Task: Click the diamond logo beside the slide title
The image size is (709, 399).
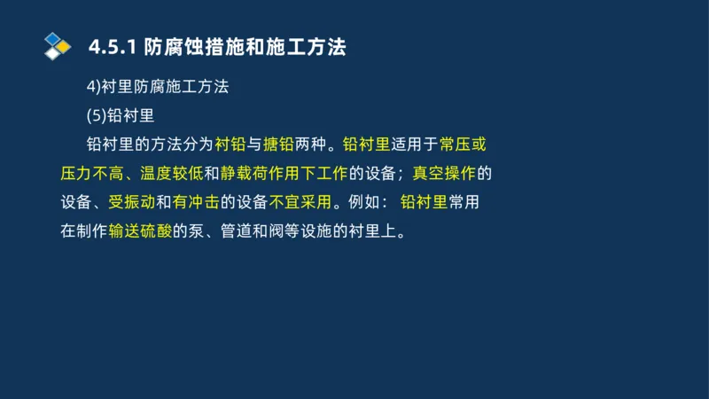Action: [x=57, y=46]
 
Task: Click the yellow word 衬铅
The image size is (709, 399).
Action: [x=230, y=144]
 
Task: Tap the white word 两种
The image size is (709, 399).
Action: [x=309, y=144]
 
